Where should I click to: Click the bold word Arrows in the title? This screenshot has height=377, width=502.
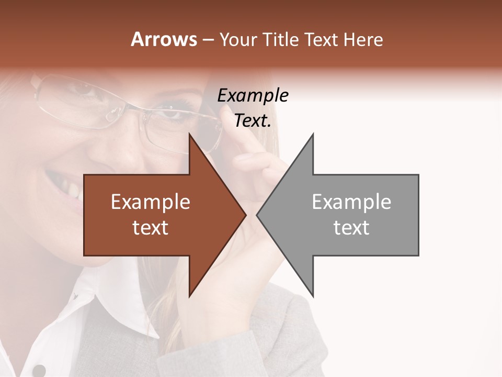(x=164, y=40)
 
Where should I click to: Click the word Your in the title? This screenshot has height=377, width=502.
(x=238, y=40)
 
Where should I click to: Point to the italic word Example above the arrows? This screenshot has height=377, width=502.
(x=253, y=96)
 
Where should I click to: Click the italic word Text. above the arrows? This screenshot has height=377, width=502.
(x=253, y=121)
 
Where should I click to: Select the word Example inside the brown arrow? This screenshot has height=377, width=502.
(x=151, y=202)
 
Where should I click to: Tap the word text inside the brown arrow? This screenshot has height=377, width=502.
(x=151, y=228)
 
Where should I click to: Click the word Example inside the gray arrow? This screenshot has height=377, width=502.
(x=351, y=202)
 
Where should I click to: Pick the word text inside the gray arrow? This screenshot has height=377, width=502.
(x=351, y=228)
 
